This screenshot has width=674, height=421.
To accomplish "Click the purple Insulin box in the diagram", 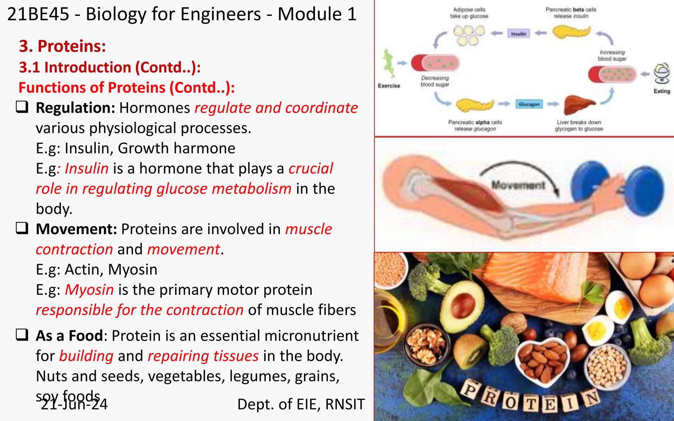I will click(518, 34).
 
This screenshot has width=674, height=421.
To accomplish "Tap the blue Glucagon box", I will click(529, 104).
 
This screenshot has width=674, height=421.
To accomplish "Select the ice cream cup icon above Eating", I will click(661, 73).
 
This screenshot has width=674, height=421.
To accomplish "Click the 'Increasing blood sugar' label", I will click(612, 55).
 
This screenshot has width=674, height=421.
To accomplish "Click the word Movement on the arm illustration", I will click(518, 185).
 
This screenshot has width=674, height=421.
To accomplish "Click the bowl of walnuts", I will click(426, 345).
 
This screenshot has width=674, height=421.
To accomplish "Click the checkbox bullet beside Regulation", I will click(22, 107).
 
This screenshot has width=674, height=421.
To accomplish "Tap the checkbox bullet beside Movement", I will click(22, 228).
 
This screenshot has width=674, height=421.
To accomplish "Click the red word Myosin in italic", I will click(89, 290).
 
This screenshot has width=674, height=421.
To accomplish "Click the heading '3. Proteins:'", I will click(63, 46).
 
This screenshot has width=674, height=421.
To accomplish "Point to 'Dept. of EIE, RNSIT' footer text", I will click(301, 404).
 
